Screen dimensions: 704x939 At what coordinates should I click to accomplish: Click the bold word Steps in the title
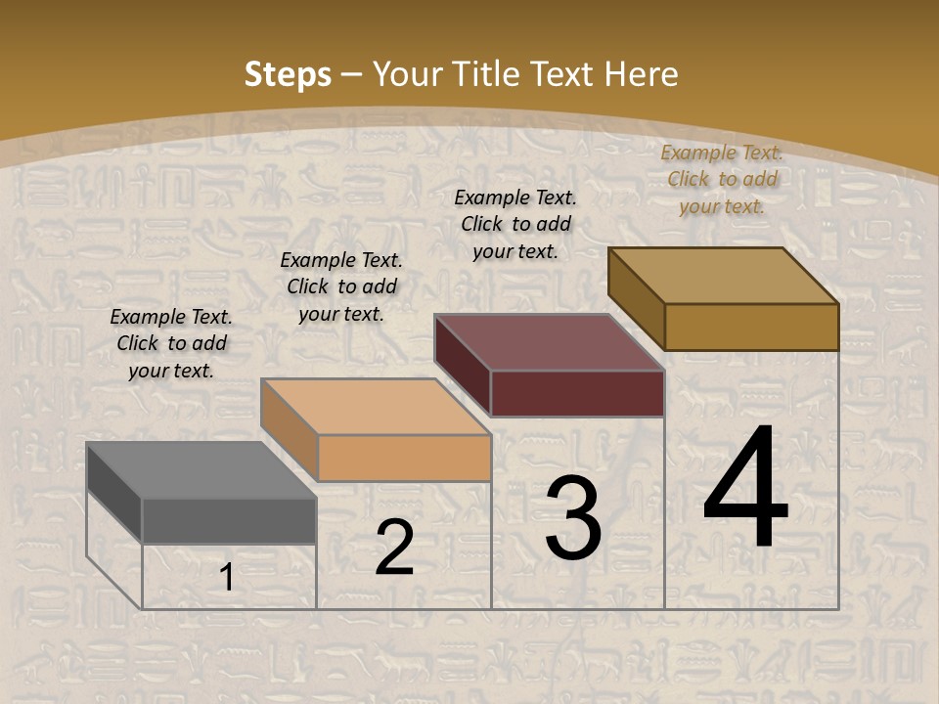click(288, 74)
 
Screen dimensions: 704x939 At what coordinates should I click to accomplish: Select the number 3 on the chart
click(573, 517)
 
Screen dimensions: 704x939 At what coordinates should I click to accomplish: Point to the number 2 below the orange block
click(394, 548)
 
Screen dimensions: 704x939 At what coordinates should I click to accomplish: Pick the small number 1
click(226, 578)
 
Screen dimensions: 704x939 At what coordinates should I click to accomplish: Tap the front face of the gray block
click(229, 520)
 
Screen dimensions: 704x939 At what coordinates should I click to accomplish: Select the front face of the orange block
click(404, 458)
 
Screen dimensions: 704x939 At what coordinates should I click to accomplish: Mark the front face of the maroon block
click(577, 393)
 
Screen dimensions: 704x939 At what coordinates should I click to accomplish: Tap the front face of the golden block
click(751, 327)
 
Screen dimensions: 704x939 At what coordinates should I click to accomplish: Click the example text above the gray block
click(171, 343)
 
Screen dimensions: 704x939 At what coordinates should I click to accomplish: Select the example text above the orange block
click(341, 286)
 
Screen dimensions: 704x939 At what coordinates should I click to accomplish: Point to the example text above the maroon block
click(515, 224)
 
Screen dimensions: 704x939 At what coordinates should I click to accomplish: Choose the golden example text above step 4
click(722, 179)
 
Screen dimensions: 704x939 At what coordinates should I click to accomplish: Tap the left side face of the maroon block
click(462, 366)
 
